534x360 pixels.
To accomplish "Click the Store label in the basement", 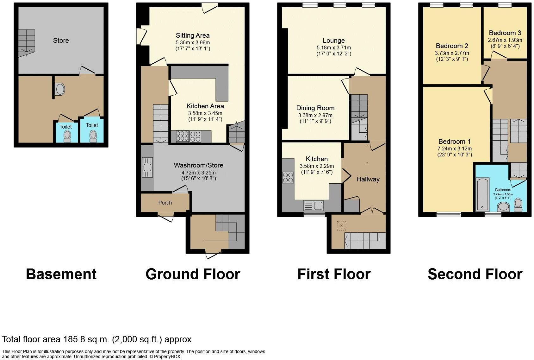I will [x=61, y=41].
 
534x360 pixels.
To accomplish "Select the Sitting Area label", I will [x=192, y=35].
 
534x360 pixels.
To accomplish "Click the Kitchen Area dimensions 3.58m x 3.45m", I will [x=205, y=113].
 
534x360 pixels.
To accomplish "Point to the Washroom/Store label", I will [x=198, y=165].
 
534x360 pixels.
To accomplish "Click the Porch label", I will [x=165, y=203].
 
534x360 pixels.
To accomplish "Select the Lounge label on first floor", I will [x=333, y=41].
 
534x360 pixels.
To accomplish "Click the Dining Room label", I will [x=315, y=108].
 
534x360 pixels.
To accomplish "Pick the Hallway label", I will [x=368, y=179].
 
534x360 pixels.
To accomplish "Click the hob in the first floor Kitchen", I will [x=288, y=178].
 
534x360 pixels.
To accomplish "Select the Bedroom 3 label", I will [x=505, y=33].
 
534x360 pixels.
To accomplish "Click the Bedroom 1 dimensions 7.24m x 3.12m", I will [x=452, y=148].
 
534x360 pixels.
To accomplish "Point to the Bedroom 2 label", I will [x=452, y=46].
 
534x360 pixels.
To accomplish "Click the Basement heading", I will [x=61, y=274].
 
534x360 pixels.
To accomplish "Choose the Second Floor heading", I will [x=475, y=274].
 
